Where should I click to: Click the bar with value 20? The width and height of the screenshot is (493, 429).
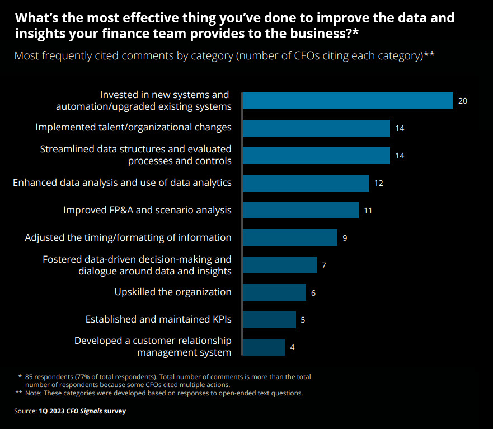(x=347, y=101)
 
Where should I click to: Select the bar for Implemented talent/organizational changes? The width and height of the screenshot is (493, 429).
(x=316, y=128)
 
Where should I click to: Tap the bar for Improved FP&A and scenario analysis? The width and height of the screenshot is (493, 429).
(x=300, y=210)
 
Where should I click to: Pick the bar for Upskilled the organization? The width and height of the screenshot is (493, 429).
(x=274, y=292)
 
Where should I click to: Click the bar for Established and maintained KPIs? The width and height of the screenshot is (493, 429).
(x=269, y=319)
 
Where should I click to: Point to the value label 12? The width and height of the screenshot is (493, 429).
(x=378, y=183)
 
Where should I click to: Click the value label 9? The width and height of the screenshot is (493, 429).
(x=345, y=238)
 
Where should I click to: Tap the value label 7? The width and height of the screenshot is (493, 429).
(x=323, y=265)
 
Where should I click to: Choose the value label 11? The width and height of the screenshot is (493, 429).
(x=368, y=211)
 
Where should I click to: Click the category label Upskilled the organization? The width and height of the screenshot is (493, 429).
(x=173, y=292)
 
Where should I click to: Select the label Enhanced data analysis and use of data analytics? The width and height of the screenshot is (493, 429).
(x=122, y=183)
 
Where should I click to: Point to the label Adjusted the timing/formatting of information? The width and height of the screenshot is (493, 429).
(x=128, y=237)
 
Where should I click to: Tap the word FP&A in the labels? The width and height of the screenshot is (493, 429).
(x=122, y=210)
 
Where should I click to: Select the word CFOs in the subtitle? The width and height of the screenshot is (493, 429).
(x=315, y=56)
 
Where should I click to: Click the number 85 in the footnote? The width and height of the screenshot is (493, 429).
(x=30, y=377)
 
